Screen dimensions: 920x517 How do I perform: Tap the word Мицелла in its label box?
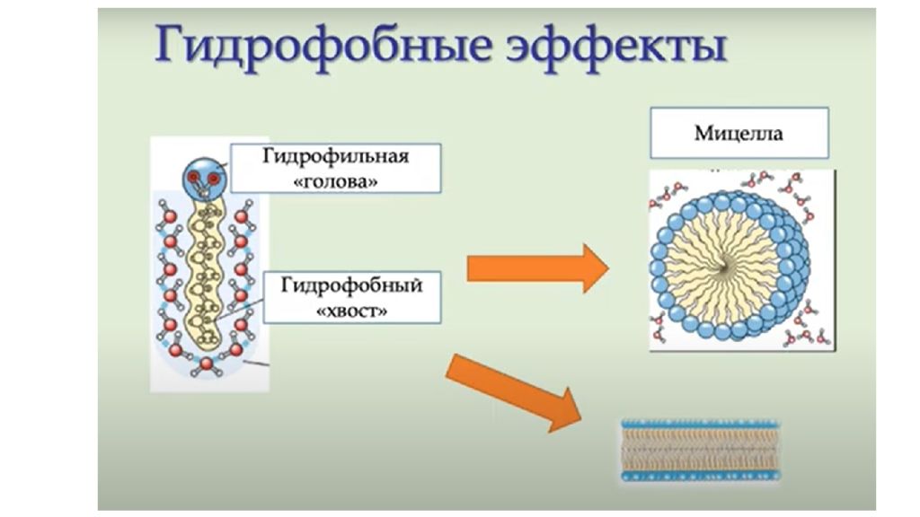(739, 134)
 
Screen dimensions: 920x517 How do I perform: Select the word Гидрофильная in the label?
(335, 156)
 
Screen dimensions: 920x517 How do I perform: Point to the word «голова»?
(335, 181)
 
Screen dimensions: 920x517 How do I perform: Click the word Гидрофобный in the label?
(351, 285)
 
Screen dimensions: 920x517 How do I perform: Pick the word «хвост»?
(351, 311)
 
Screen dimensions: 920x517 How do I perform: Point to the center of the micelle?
(728, 267)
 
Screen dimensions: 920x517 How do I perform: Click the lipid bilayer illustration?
(701, 451)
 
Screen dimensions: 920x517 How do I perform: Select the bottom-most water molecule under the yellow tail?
(206, 365)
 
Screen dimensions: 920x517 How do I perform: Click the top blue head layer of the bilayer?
(701, 424)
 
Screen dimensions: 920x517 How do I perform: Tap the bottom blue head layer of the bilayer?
(701, 476)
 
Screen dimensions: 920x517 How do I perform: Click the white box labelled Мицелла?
(739, 133)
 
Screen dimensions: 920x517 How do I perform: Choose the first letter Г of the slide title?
(170, 45)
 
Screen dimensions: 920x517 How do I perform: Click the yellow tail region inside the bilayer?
(701, 450)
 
